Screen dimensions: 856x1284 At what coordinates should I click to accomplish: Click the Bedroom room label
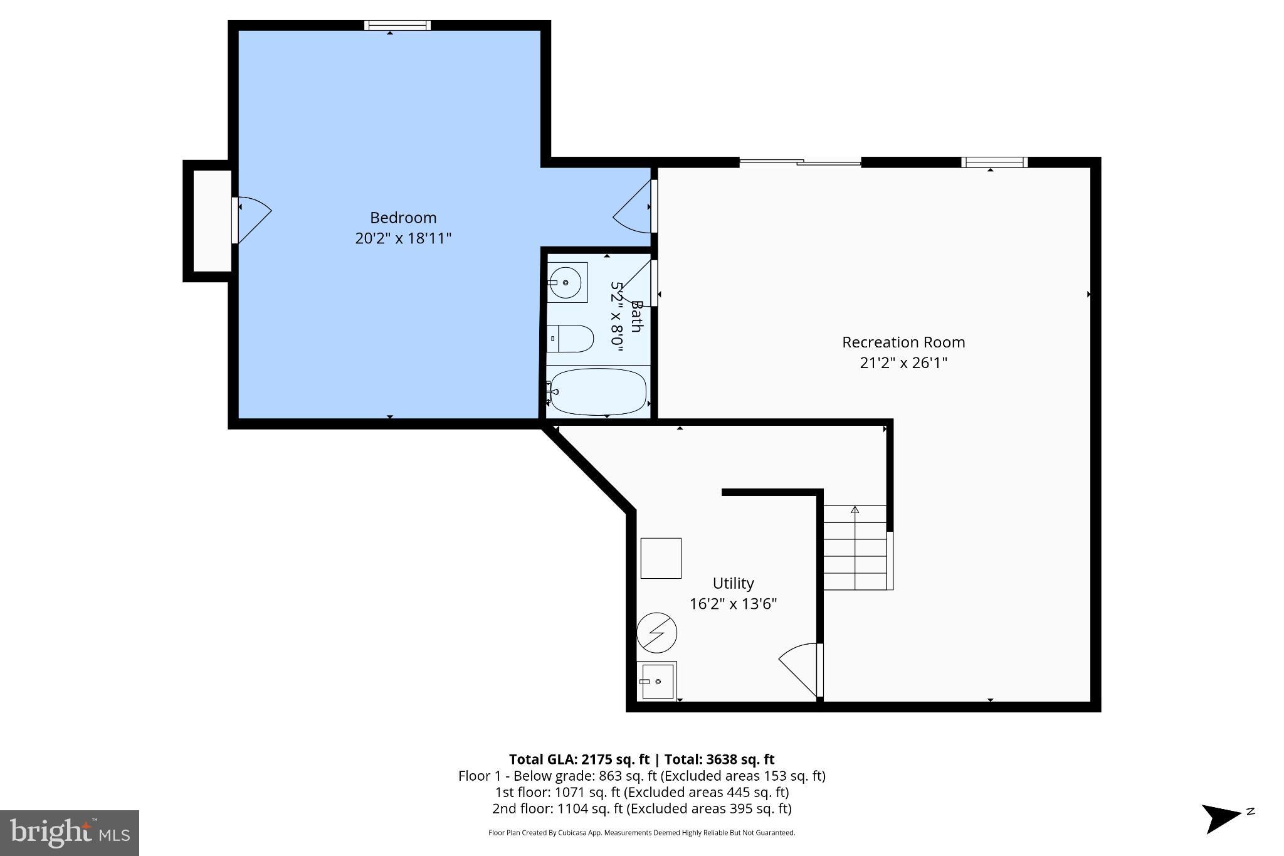click(403, 218)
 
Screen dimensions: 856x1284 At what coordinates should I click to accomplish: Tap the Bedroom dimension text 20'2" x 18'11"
click(403, 238)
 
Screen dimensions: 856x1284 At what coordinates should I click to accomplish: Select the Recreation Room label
click(903, 342)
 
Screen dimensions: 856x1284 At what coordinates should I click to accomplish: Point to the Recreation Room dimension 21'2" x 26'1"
click(903, 363)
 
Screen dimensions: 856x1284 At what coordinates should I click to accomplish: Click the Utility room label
click(733, 583)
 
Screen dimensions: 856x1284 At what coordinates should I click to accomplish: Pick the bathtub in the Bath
click(598, 392)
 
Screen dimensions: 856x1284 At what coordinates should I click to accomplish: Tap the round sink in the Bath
click(566, 283)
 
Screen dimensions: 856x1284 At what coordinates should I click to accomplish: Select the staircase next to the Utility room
click(855, 549)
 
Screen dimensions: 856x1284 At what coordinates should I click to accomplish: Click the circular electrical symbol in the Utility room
click(656, 633)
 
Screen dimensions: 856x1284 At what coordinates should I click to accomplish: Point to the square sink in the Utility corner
click(656, 681)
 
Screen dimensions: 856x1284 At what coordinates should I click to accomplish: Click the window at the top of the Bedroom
click(397, 26)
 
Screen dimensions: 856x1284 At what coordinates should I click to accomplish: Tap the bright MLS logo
click(70, 833)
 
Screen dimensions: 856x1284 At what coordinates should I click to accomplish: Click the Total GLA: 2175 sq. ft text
click(579, 759)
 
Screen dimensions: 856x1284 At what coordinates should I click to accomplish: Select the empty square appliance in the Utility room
click(661, 558)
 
